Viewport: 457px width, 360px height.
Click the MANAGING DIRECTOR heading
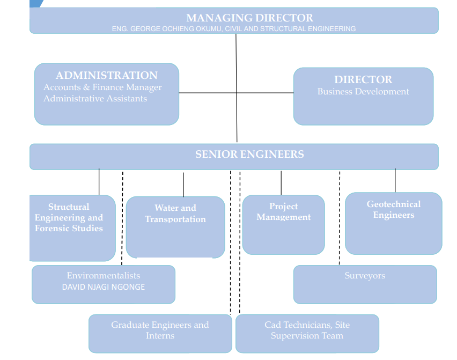(x=249, y=18)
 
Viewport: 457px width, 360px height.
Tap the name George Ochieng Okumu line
(x=233, y=28)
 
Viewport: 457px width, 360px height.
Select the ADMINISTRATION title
(x=106, y=76)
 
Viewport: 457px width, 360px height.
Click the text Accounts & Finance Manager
(x=102, y=87)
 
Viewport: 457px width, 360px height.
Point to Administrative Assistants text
(x=95, y=99)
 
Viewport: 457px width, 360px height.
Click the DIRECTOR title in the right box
(x=363, y=80)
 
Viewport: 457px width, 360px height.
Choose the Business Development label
(x=363, y=92)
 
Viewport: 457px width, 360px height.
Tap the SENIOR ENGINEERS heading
(x=249, y=155)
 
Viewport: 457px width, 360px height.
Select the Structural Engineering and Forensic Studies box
(x=69, y=227)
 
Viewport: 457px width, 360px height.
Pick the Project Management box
(x=283, y=225)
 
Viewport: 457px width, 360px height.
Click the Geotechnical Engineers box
(x=393, y=223)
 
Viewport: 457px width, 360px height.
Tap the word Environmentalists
(x=104, y=276)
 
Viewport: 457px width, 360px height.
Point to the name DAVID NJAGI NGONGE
(x=104, y=287)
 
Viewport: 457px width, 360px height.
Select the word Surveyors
(x=365, y=276)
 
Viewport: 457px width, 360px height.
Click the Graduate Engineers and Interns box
(x=160, y=333)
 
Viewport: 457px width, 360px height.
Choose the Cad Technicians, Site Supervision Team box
(x=307, y=333)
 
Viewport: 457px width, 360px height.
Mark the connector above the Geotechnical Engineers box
(x=395, y=181)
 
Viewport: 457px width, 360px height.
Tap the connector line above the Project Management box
(x=281, y=182)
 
